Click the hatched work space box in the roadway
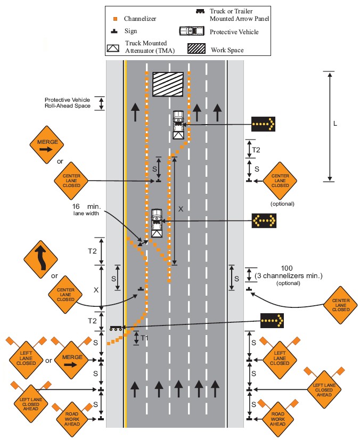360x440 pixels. (168, 85)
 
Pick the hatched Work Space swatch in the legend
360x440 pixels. (195, 49)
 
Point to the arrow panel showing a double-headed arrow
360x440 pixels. (264, 219)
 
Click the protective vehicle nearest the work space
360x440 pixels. (178, 124)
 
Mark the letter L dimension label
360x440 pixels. (334, 124)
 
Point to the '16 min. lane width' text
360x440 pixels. (87, 208)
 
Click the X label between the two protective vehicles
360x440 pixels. (181, 209)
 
